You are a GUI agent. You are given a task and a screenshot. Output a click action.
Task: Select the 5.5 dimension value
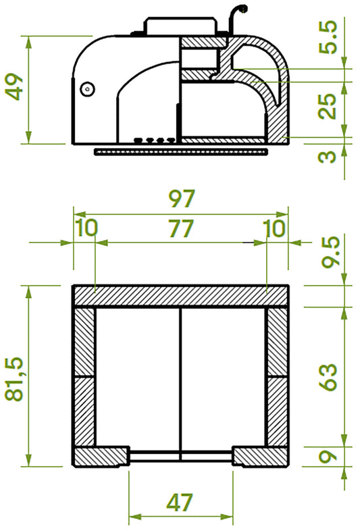click(x=328, y=39)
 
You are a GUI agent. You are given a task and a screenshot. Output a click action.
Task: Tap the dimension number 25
click(x=329, y=107)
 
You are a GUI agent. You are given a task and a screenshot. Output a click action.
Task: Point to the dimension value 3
click(x=329, y=156)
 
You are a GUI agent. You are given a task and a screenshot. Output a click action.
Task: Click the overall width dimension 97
click(x=180, y=199)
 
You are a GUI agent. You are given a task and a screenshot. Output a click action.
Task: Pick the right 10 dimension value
click(x=275, y=228)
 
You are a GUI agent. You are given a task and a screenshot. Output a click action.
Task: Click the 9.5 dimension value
click(x=329, y=253)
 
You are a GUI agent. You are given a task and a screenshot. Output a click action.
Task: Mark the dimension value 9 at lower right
click(x=329, y=457)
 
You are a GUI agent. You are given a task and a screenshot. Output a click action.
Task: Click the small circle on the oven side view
click(x=86, y=88)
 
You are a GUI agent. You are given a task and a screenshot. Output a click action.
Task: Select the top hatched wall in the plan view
click(x=180, y=296)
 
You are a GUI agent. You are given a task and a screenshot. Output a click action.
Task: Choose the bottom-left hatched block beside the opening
click(x=101, y=457)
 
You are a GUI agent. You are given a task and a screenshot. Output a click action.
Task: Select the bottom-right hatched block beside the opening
click(x=261, y=457)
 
